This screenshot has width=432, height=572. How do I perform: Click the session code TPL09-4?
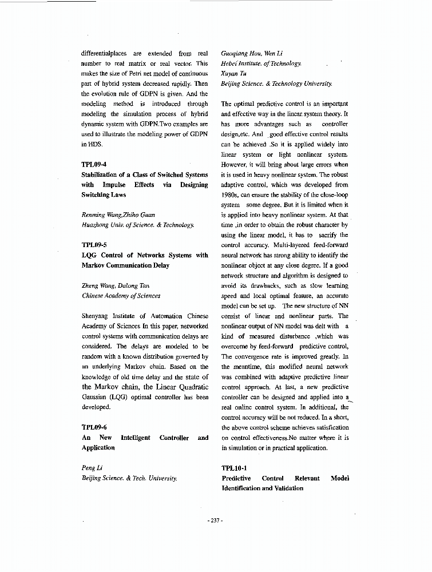click(x=94, y=164)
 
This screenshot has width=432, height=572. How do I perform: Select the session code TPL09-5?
click(x=94, y=245)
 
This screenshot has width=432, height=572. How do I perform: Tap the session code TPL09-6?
click(x=94, y=427)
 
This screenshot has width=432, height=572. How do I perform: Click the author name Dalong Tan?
click(x=136, y=286)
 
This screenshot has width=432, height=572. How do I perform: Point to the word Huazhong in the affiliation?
click(x=97, y=225)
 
